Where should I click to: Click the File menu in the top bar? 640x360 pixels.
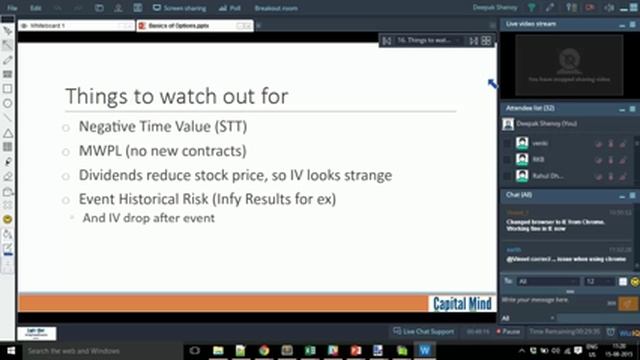point(9,8)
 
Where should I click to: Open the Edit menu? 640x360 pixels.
point(35,8)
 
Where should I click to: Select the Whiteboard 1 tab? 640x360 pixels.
point(50,24)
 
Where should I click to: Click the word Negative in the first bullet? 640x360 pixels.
point(107,128)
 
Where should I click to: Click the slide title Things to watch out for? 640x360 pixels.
point(176,95)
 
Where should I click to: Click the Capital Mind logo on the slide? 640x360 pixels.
point(462,303)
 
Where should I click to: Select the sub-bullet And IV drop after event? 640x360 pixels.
point(148,217)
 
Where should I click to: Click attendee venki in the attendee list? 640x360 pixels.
point(540,143)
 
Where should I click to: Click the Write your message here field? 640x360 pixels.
point(545,299)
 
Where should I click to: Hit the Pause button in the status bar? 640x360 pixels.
point(507,330)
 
